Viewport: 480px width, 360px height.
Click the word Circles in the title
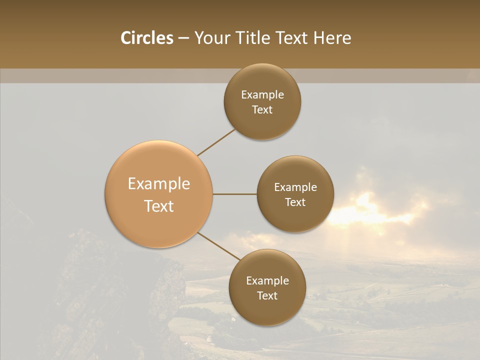pyautogui.click(x=146, y=38)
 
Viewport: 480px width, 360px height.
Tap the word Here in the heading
pyautogui.click(x=332, y=38)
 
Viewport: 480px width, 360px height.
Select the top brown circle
pyautogui.click(x=262, y=120)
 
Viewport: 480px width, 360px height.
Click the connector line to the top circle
pyautogui.click(x=216, y=142)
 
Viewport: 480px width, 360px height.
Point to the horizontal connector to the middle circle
pyautogui.click(x=235, y=194)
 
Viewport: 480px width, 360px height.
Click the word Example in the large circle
pyautogui.click(x=159, y=184)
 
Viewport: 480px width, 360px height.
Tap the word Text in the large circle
pyautogui.click(x=159, y=206)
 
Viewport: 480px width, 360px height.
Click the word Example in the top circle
pyautogui.click(x=262, y=95)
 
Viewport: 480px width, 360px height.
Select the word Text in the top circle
pyautogui.click(x=262, y=109)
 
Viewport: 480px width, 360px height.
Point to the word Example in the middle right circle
pyautogui.click(x=295, y=187)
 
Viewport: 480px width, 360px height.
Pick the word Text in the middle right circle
pyautogui.click(x=295, y=202)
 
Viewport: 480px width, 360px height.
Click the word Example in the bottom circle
pyautogui.click(x=267, y=281)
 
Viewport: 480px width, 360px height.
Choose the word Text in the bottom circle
pyautogui.click(x=267, y=295)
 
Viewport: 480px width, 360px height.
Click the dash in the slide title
pyautogui.click(x=183, y=38)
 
